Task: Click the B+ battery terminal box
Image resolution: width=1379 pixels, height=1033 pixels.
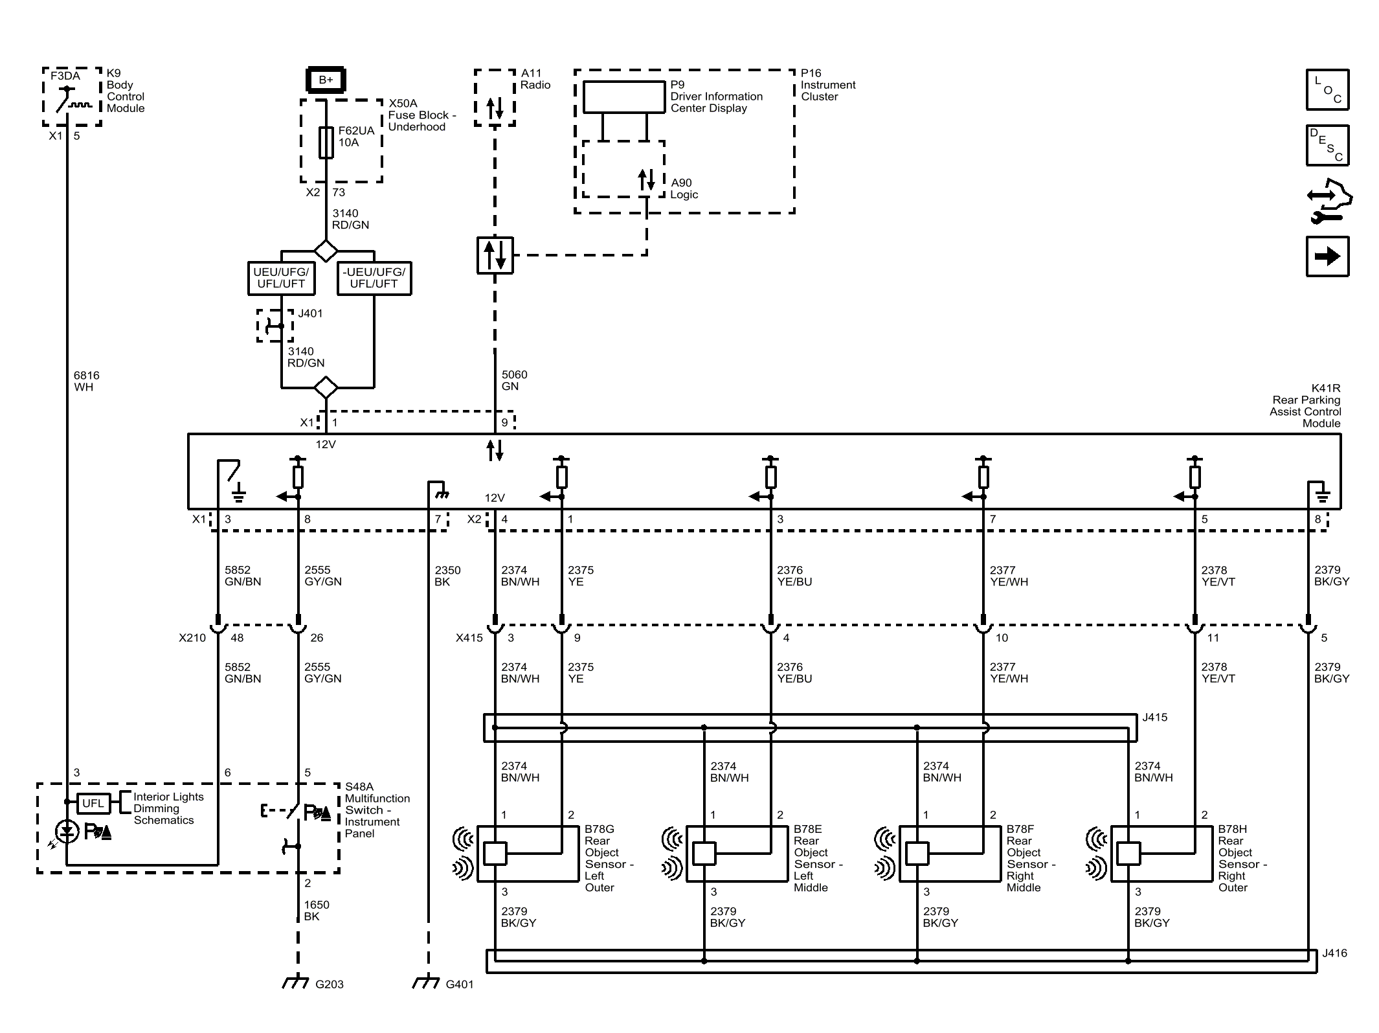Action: point(326,80)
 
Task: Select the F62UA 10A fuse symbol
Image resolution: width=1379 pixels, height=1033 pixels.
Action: point(326,142)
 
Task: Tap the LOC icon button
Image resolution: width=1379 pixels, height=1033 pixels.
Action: point(1327,89)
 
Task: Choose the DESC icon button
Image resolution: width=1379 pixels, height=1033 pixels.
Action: point(1327,145)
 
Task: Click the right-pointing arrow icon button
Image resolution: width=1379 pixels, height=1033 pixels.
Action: point(1327,256)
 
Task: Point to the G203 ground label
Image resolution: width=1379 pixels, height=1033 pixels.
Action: point(330,984)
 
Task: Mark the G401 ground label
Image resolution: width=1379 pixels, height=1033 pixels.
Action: point(460,984)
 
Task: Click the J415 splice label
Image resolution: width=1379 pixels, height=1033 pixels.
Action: point(1154,717)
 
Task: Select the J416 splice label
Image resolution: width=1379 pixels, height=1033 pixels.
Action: point(1334,953)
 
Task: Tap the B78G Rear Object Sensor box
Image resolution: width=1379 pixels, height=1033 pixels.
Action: point(528,854)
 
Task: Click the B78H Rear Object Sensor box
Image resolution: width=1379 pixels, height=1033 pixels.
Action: point(1161,854)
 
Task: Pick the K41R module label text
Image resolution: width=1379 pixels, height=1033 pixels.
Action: point(1305,405)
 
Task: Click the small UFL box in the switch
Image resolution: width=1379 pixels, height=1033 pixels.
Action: point(93,803)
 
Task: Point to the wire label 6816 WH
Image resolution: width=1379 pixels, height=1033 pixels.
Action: point(87,381)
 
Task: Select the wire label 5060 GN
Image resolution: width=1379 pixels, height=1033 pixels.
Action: point(514,380)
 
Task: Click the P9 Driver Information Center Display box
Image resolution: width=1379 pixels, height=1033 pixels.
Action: point(624,97)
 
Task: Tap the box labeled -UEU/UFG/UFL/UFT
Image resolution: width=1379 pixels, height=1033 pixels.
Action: point(374,278)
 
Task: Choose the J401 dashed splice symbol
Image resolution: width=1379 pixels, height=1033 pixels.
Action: point(275,325)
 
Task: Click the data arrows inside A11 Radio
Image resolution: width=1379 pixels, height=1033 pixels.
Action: point(495,109)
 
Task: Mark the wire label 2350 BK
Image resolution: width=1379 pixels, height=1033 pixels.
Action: point(447,576)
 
